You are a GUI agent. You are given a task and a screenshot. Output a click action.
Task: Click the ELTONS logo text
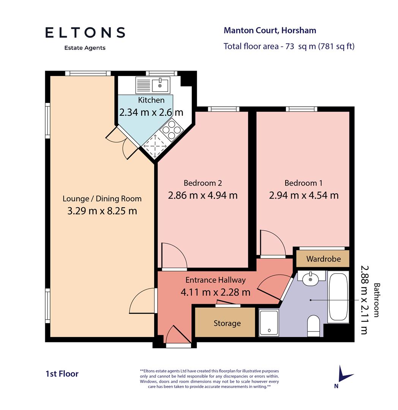tap(85, 33)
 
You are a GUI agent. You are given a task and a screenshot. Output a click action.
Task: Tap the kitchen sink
tap(160, 85)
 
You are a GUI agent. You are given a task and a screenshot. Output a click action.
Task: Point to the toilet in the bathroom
tap(314, 326)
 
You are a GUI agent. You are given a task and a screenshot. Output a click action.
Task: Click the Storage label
tap(227, 323)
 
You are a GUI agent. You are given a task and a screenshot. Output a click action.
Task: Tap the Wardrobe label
tap(323, 259)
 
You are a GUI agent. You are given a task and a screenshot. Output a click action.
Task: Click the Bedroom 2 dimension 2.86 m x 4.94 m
tap(202, 196)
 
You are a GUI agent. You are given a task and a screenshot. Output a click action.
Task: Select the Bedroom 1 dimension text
tap(303, 196)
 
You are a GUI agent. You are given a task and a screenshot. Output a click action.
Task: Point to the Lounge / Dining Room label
tap(102, 199)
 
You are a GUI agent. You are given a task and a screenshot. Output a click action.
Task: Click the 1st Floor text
tap(62, 374)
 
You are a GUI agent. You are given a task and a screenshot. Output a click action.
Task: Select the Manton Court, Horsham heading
tap(270, 30)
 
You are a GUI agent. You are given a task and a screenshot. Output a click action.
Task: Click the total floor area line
tap(289, 46)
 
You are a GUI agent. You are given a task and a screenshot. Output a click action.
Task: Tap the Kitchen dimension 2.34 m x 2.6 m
tap(151, 112)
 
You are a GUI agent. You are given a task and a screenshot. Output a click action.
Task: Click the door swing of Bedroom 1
tap(272, 244)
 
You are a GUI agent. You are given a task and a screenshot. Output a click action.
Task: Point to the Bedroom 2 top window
tap(224, 109)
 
